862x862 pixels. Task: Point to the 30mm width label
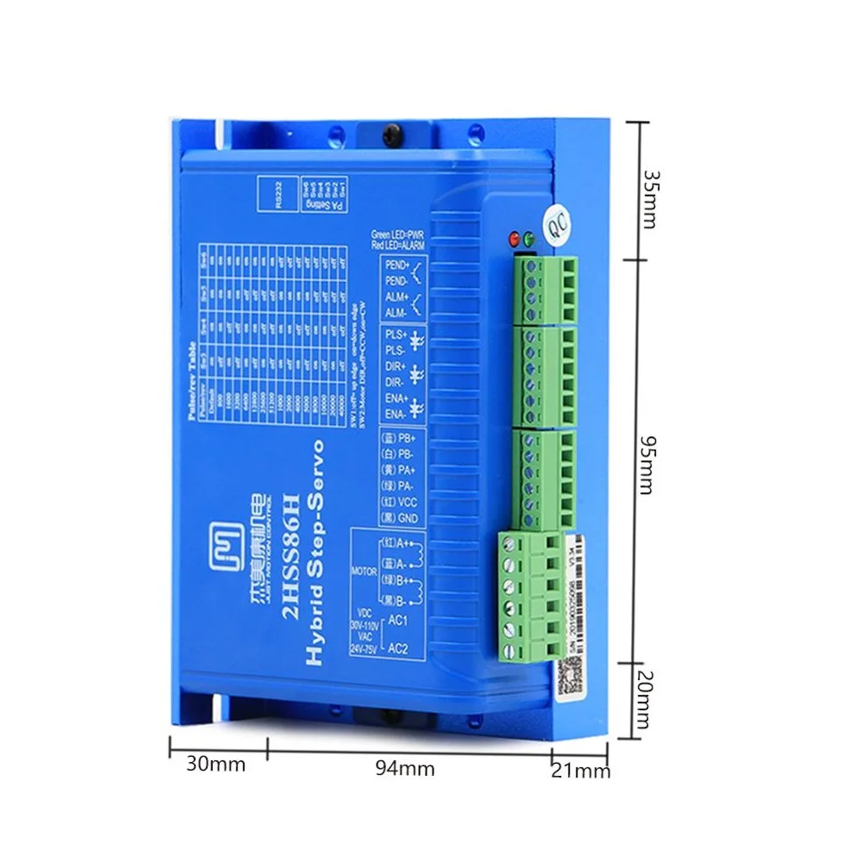click(x=215, y=764)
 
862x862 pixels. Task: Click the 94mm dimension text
click(x=404, y=768)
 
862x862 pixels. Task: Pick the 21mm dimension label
click(x=580, y=770)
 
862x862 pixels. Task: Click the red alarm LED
click(x=515, y=238)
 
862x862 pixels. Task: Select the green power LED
click(x=528, y=238)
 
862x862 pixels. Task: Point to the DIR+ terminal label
click(x=396, y=365)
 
